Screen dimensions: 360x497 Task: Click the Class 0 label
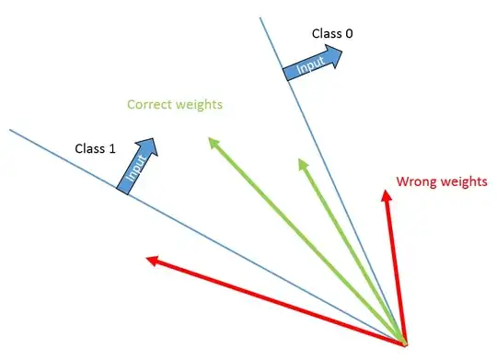[332, 34]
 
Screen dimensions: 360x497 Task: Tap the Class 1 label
[96, 147]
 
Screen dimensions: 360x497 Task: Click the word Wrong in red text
[415, 181]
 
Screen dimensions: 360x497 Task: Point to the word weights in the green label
[200, 105]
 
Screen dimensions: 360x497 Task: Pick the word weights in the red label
[463, 181]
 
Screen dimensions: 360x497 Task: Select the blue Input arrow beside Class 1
[139, 165]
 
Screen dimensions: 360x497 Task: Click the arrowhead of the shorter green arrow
[302, 163]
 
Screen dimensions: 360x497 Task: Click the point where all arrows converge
[404, 342]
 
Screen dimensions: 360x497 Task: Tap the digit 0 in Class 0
[349, 34]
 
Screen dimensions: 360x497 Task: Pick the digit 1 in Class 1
[112, 147]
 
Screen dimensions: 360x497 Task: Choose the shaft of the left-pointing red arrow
[276, 301]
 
